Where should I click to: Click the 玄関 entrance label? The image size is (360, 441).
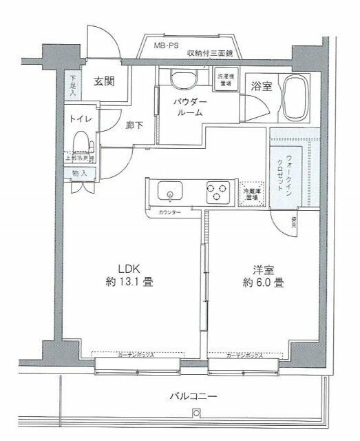tap(104, 81)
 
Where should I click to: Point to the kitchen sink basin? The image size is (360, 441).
tap(168, 190)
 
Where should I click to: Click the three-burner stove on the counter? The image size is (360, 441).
tap(217, 191)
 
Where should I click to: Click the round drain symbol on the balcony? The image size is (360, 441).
tap(196, 413)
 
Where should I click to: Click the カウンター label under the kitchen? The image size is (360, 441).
tap(169, 212)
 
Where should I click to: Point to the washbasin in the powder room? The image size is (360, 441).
tap(180, 79)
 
